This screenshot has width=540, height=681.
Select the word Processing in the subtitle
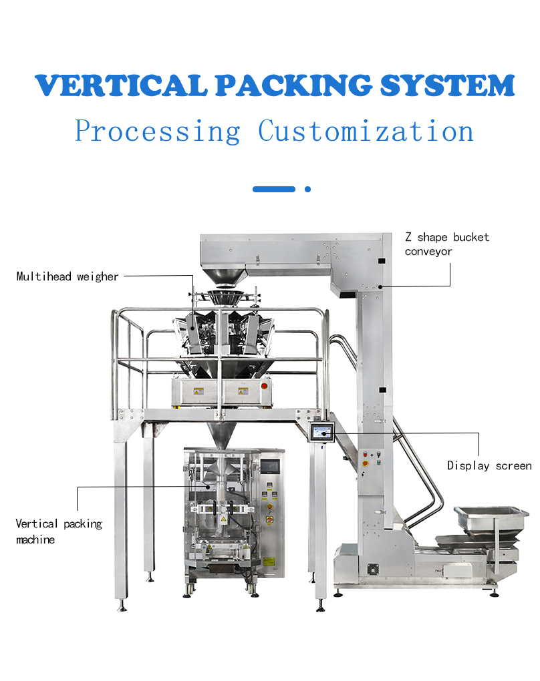pos(157,131)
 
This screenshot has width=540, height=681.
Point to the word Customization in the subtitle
pos(366,131)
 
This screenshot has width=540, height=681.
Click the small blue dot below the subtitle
pos(307,189)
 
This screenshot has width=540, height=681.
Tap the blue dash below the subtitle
pos(274,189)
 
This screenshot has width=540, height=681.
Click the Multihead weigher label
pos(67,276)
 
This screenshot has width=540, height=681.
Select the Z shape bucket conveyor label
pos(446,244)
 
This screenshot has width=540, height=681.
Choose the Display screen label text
pos(489,465)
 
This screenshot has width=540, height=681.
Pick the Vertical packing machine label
pos(59,531)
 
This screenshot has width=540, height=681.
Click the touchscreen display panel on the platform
pos(323,433)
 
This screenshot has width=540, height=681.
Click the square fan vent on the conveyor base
pos(371,571)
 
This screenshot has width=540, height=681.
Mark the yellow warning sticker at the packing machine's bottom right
pos(269,562)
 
